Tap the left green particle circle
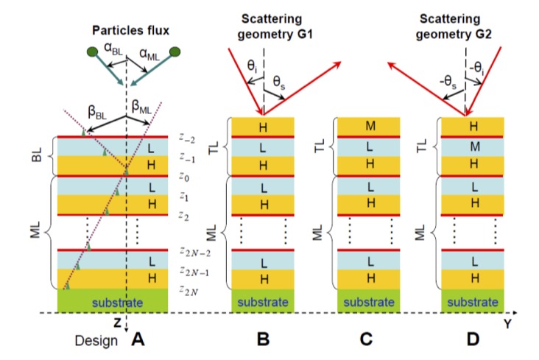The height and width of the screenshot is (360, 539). point(92,52)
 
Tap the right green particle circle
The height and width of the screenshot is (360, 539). point(175,52)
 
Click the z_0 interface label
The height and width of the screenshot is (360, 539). point(183,176)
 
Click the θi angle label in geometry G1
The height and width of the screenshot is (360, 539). point(252,67)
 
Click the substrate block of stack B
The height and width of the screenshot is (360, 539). point(263,301)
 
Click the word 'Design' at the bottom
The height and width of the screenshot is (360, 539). point(94,341)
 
